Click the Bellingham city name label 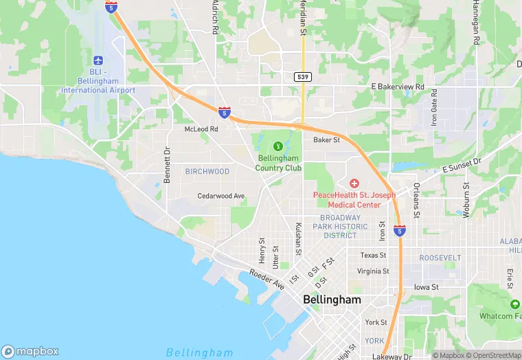332,300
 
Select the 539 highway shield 303,76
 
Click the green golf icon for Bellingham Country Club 278,146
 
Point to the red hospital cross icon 354,183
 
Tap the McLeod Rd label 201,128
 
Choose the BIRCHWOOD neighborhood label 207,171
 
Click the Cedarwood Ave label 221,196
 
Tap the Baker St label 327,139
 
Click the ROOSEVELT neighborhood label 440,257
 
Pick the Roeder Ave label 266,279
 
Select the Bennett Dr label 167,165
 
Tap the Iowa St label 426,287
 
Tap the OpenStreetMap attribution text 492,355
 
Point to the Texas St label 374,255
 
